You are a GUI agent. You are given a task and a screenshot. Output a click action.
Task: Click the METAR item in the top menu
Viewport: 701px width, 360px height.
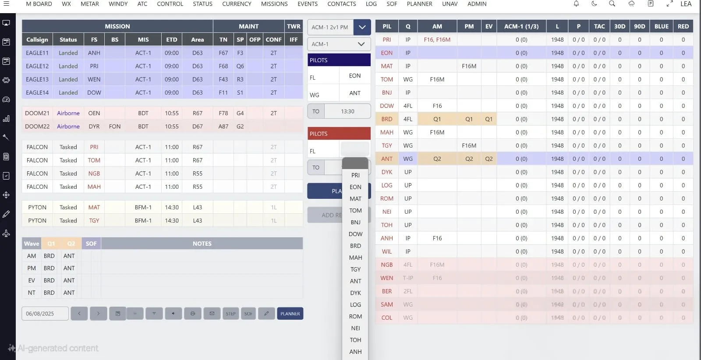[90, 4]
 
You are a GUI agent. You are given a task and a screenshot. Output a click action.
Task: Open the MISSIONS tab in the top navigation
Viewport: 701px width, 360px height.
[274, 4]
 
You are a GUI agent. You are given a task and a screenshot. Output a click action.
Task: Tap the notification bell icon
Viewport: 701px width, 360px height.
[576, 4]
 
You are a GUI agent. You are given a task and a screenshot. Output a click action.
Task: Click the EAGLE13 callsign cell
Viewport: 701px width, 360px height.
[37, 79]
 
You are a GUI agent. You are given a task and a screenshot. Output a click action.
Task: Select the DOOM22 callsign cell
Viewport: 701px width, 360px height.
[37, 126]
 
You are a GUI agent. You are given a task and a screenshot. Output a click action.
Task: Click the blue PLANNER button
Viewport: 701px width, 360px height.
[290, 314]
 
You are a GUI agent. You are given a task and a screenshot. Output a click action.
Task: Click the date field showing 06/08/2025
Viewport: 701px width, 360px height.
[45, 314]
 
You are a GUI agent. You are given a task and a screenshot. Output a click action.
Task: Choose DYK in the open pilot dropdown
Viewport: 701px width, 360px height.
[355, 293]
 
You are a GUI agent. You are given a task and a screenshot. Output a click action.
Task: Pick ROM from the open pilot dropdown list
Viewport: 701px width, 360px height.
[355, 317]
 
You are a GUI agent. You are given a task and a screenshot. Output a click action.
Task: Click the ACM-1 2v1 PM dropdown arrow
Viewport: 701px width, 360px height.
[362, 27]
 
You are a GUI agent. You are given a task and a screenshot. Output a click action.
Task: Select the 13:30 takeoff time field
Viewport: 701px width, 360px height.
[347, 111]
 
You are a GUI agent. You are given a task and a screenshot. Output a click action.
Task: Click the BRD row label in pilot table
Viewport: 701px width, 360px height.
[386, 119]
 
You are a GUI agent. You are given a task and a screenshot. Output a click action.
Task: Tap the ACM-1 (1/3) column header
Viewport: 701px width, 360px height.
[521, 26]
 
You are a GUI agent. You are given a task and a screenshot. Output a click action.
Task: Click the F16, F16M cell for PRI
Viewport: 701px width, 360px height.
[437, 39]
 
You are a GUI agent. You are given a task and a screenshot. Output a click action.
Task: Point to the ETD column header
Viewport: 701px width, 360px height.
[172, 39]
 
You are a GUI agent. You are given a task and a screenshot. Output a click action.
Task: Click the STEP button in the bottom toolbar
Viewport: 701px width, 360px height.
[230, 314]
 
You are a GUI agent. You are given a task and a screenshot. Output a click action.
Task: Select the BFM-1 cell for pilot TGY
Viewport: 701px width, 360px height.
[143, 221]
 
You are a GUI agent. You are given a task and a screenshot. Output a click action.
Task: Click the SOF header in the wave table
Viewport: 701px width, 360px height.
[91, 244]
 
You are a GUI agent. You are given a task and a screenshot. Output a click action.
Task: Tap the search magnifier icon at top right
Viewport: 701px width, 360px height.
[612, 4]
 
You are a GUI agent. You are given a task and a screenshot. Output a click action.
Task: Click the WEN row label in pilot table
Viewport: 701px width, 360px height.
[386, 278]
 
